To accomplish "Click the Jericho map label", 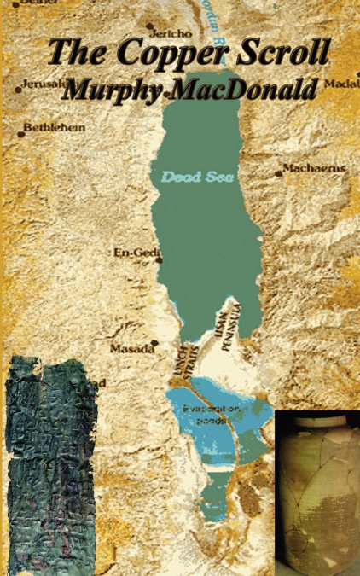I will click(174, 34).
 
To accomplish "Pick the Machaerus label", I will click(315, 168).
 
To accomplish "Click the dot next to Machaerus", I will click(279, 172).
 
